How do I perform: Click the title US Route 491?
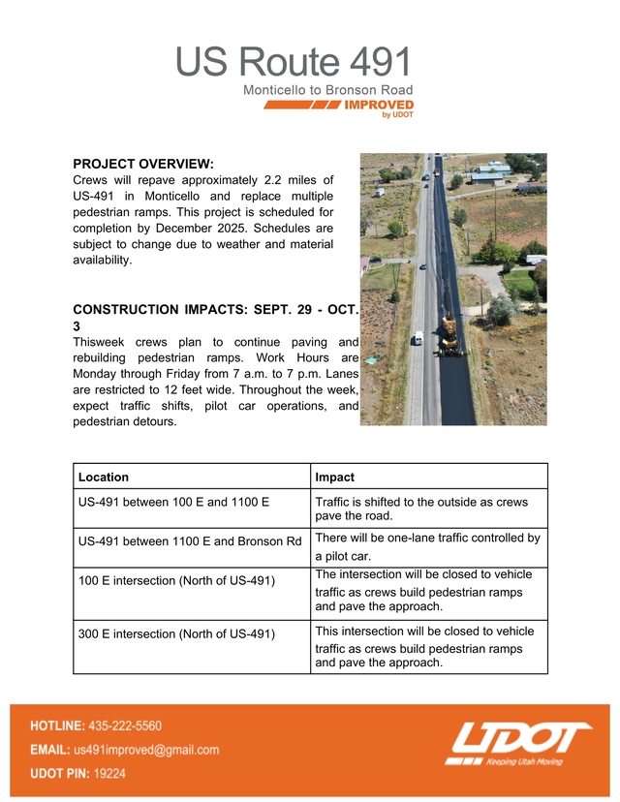pos(294,64)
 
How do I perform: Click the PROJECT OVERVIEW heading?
pos(143,164)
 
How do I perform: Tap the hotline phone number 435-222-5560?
pos(125,725)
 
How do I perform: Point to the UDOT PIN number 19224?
pos(108,774)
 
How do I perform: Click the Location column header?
pos(104,478)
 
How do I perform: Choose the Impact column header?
pos(334,478)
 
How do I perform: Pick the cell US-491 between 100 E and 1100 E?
pos(173,503)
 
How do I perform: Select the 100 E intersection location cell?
pos(176,580)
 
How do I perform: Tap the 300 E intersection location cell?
pos(176,634)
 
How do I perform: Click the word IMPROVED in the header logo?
pos(380,105)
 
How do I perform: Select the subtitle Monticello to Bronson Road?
pos(327,90)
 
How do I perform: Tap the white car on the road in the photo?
pos(418,339)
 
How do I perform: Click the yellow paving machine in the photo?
pos(449,334)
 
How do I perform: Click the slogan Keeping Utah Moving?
pos(524,761)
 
